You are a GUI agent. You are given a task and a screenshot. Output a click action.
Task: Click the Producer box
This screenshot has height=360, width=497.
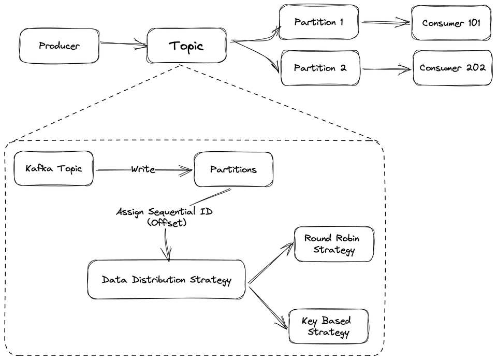59,46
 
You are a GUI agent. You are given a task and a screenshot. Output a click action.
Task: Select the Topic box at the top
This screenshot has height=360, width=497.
186,46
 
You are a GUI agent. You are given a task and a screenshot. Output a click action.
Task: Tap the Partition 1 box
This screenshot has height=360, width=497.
318,22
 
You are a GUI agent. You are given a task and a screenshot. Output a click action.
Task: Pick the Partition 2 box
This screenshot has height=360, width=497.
320,68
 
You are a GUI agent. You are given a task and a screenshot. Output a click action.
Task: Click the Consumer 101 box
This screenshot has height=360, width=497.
451,23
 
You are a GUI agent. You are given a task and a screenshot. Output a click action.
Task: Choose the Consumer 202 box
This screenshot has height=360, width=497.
452,68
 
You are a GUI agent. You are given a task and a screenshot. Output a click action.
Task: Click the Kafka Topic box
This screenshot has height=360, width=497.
54,168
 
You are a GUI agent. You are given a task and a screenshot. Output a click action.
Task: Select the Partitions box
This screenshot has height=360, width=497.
233,169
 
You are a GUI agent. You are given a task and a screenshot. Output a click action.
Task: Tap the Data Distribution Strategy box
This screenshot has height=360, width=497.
166,280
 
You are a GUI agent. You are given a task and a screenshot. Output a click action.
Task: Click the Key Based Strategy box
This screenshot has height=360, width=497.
328,326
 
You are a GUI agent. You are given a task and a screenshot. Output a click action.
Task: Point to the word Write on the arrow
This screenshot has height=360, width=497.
143,169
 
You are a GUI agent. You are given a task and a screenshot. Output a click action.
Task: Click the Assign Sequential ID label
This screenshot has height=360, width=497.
164,211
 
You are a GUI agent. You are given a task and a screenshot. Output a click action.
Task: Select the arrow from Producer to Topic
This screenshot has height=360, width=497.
123,45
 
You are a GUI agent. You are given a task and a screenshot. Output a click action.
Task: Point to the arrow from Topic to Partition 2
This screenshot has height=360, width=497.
256,56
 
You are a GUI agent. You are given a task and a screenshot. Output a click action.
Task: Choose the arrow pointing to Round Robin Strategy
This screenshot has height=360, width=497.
271,264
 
